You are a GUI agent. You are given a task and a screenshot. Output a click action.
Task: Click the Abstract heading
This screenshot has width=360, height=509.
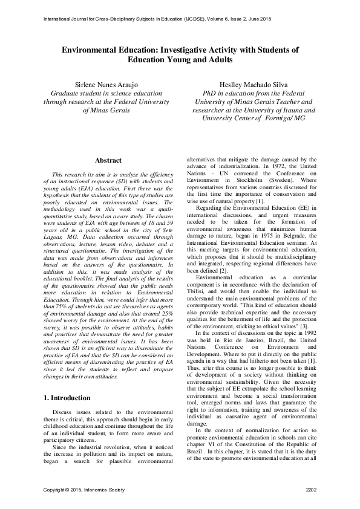[x=109, y=160]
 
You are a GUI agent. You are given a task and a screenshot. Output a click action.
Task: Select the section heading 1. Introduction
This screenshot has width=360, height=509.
[x=68, y=398]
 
